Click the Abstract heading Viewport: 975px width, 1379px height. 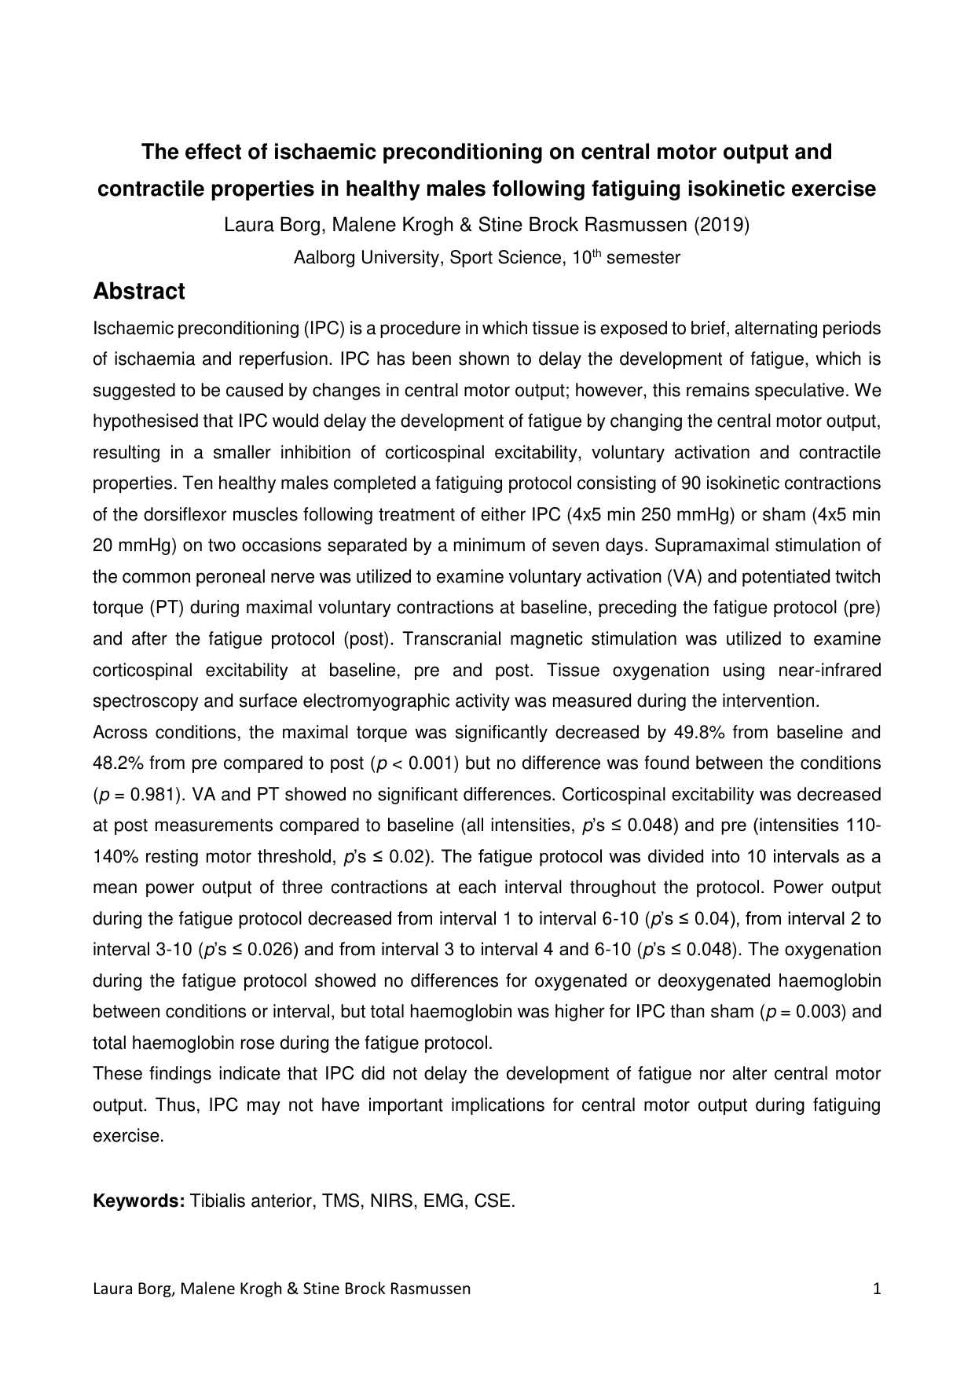pos(139,292)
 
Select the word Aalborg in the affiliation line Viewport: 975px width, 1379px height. pos(324,258)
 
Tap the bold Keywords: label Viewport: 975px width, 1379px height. pos(139,1201)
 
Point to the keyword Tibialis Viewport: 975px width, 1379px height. pos(220,1201)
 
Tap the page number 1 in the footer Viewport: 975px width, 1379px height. pos(877,1289)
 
